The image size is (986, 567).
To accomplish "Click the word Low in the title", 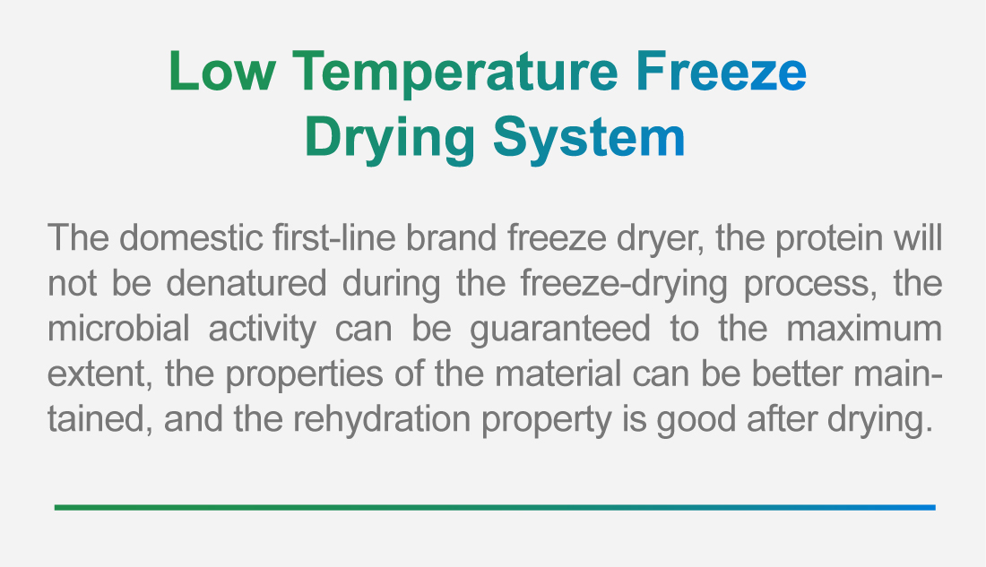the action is pyautogui.click(x=222, y=71).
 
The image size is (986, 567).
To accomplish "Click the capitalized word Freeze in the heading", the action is pyautogui.click(x=722, y=71).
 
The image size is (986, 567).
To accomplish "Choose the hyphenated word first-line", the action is pyautogui.click(x=334, y=237).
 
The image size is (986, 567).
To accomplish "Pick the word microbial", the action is pyautogui.click(x=118, y=328).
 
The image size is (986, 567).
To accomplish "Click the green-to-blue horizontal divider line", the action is pyautogui.click(x=495, y=507).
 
